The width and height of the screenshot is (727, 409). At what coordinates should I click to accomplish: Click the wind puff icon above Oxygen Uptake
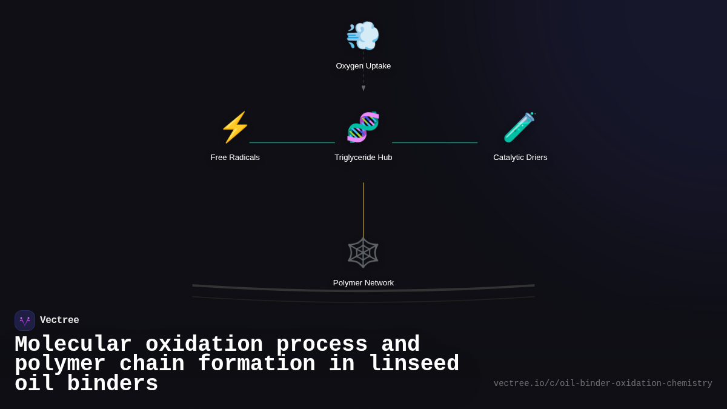(x=363, y=35)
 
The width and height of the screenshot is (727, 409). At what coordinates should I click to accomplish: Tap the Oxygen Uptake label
(x=363, y=66)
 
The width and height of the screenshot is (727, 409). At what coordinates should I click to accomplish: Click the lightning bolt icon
(x=235, y=127)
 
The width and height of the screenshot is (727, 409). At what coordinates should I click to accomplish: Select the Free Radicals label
(x=235, y=158)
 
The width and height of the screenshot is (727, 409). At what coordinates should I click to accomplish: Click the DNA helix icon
(x=363, y=127)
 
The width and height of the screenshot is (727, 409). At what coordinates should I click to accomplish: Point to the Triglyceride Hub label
(x=363, y=158)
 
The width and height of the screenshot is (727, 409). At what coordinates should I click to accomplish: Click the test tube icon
(x=520, y=127)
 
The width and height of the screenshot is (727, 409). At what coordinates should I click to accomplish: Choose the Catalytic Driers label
(x=520, y=158)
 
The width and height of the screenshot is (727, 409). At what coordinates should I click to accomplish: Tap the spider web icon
(x=363, y=253)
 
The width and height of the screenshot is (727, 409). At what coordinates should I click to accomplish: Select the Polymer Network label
(x=363, y=283)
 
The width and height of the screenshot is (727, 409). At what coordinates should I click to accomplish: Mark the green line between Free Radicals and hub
(x=292, y=143)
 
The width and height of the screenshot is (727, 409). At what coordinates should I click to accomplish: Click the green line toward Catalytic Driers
(x=434, y=143)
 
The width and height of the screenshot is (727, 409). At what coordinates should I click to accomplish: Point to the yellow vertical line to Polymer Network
(x=363, y=209)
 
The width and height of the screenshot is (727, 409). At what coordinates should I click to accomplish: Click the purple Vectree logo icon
(x=25, y=321)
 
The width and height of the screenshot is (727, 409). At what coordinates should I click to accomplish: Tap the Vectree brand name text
(x=59, y=321)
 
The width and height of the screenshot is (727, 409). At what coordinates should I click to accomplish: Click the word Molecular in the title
(x=73, y=344)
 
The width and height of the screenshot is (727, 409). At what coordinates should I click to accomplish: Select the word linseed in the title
(x=414, y=364)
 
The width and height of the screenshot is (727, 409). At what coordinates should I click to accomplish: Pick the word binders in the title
(x=112, y=384)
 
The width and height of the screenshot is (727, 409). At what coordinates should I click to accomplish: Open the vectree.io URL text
(x=603, y=384)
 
